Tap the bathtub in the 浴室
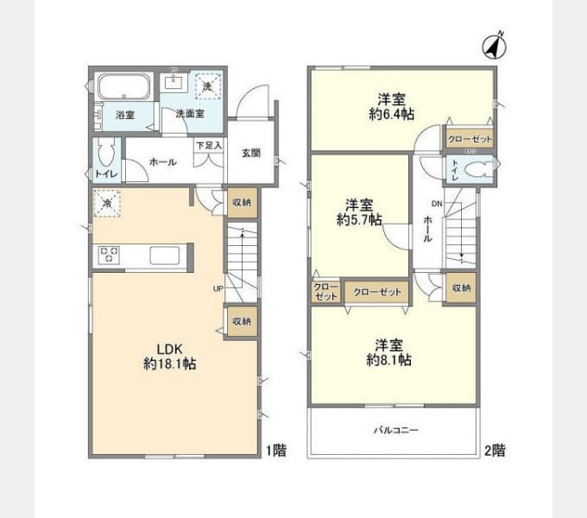tap(123, 87)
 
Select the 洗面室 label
tap(190, 113)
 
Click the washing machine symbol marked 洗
tap(207, 85)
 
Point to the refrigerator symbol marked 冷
tap(108, 203)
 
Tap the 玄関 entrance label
tap(250, 153)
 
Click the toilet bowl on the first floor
tap(106, 155)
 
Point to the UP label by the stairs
tap(218, 289)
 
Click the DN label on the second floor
tap(437, 205)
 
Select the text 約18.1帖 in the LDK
tap(170, 364)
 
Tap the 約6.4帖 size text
tap(391, 112)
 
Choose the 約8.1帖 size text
tap(389, 358)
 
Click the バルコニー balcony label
tap(396, 429)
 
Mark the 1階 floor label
tap(276, 450)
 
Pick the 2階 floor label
tap(495, 450)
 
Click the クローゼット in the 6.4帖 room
tap(470, 139)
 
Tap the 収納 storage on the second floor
tap(461, 288)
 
